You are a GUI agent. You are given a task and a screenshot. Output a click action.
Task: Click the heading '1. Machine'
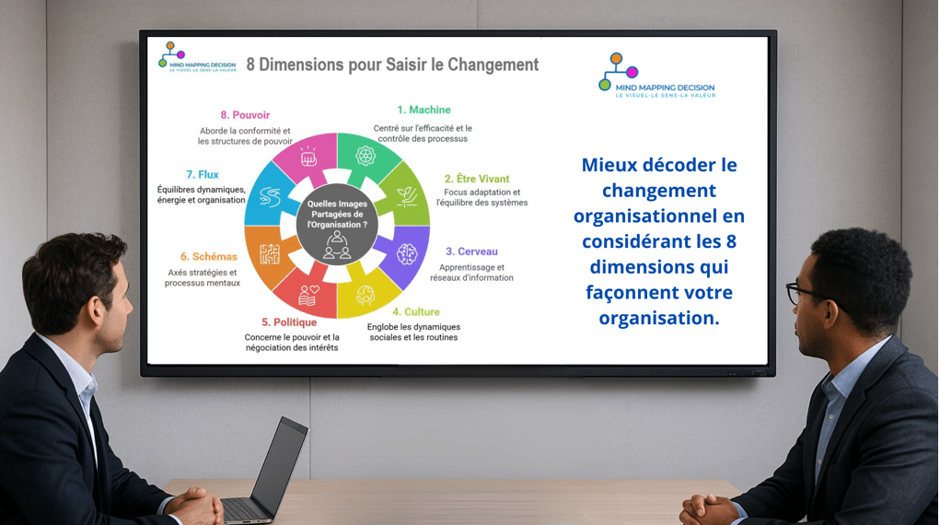pyautogui.click(x=424, y=110)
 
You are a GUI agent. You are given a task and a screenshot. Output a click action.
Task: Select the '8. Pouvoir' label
pyautogui.click(x=245, y=114)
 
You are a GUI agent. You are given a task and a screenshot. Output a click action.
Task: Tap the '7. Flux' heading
pyautogui.click(x=202, y=175)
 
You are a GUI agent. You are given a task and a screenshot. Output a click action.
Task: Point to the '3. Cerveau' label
pyautogui.click(x=471, y=251)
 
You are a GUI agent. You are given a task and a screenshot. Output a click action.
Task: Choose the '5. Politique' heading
pyautogui.click(x=289, y=322)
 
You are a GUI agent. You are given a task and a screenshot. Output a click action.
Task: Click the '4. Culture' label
pyautogui.click(x=416, y=312)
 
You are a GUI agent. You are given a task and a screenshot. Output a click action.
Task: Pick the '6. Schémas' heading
pyautogui.click(x=209, y=257)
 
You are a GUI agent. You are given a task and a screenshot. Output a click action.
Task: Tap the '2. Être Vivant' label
pyautogui.click(x=477, y=179)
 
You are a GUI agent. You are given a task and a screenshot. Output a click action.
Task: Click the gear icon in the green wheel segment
pyautogui.click(x=366, y=156)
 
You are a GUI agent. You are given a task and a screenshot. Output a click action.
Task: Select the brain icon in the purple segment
pyautogui.click(x=407, y=254)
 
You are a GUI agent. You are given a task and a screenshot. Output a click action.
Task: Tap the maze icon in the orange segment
pyautogui.click(x=270, y=254)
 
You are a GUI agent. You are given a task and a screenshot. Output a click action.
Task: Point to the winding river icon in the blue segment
pyautogui.click(x=270, y=197)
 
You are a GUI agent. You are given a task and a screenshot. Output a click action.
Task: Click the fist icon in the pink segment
pyautogui.click(x=308, y=157)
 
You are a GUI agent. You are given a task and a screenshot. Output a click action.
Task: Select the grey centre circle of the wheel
pyautogui.click(x=337, y=225)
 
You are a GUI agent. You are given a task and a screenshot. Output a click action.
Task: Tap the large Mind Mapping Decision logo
pyautogui.click(x=657, y=76)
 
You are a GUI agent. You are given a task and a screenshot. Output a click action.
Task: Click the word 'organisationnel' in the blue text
pyautogui.click(x=659, y=216)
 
